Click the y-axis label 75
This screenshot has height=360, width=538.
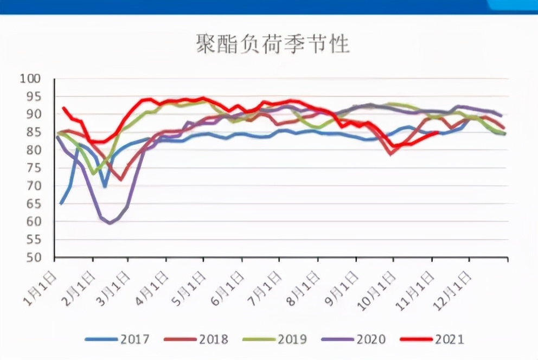tap(33, 168)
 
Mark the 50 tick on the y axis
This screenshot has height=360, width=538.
tap(33, 257)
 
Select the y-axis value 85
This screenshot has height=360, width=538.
tap(33, 132)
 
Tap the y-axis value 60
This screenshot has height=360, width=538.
tap(33, 221)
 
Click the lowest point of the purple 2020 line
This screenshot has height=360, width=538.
tap(110, 222)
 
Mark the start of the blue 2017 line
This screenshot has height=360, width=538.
tap(61, 204)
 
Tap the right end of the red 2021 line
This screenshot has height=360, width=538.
tap(437, 132)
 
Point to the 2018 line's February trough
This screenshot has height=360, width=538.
tap(121, 179)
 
